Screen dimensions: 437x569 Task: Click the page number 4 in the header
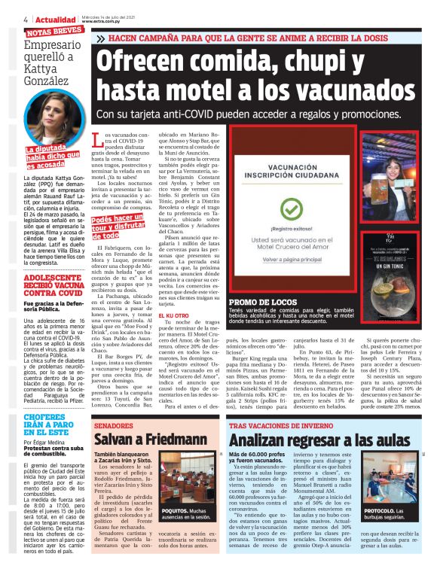point(26,20)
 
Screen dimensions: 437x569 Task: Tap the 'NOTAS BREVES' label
point(54,32)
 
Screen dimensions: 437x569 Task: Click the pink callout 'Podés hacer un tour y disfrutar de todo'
point(118,226)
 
